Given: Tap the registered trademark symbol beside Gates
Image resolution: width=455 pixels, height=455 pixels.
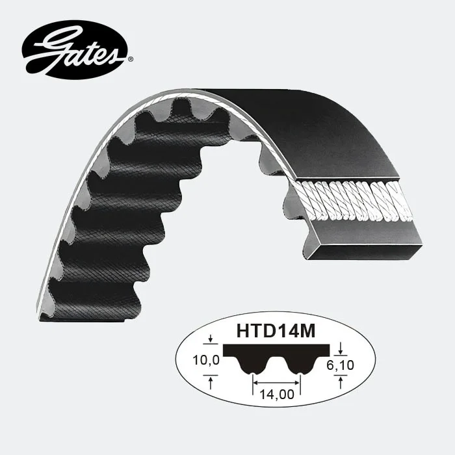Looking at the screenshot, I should point(131,59).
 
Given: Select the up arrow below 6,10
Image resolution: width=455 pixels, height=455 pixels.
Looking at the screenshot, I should point(341,382).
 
